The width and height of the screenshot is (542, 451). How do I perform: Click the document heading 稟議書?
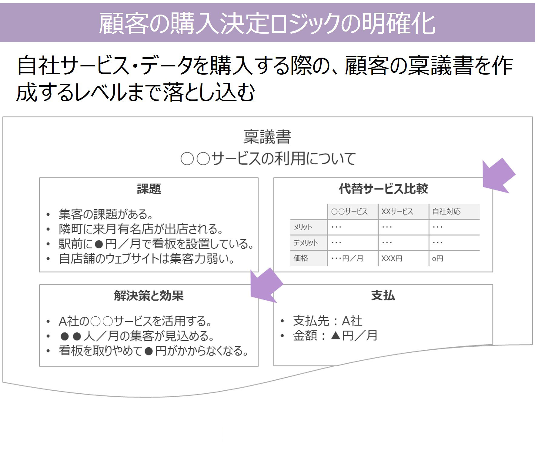pyautogui.click(x=267, y=137)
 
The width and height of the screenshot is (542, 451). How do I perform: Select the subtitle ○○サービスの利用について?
pyautogui.click(x=268, y=159)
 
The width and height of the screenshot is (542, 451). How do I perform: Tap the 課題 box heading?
pyautogui.click(x=149, y=189)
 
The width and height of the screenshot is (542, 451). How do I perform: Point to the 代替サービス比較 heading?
pyautogui.click(x=383, y=189)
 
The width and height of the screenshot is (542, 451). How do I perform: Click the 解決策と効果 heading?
pyautogui.click(x=149, y=295)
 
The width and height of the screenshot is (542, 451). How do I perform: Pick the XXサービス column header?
pyautogui.click(x=397, y=211)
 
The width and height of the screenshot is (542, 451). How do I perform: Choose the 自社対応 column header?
pyautogui.click(x=446, y=211)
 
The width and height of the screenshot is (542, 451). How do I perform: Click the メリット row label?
pyautogui.click(x=303, y=227)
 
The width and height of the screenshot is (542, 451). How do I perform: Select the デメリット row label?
pyautogui.click(x=306, y=243)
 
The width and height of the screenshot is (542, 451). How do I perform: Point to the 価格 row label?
pyautogui.click(x=301, y=258)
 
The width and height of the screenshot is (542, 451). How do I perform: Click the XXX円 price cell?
pyautogui.click(x=392, y=258)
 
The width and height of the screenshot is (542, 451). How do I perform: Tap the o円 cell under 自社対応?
pyautogui.click(x=437, y=258)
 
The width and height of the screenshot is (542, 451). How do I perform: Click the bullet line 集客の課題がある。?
pyautogui.click(x=106, y=214)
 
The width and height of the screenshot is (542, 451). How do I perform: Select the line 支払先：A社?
pyautogui.click(x=327, y=321)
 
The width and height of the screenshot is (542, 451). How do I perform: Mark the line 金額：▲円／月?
pyautogui.click(x=335, y=336)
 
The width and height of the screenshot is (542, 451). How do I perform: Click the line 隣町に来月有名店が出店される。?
pyautogui.click(x=141, y=229)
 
